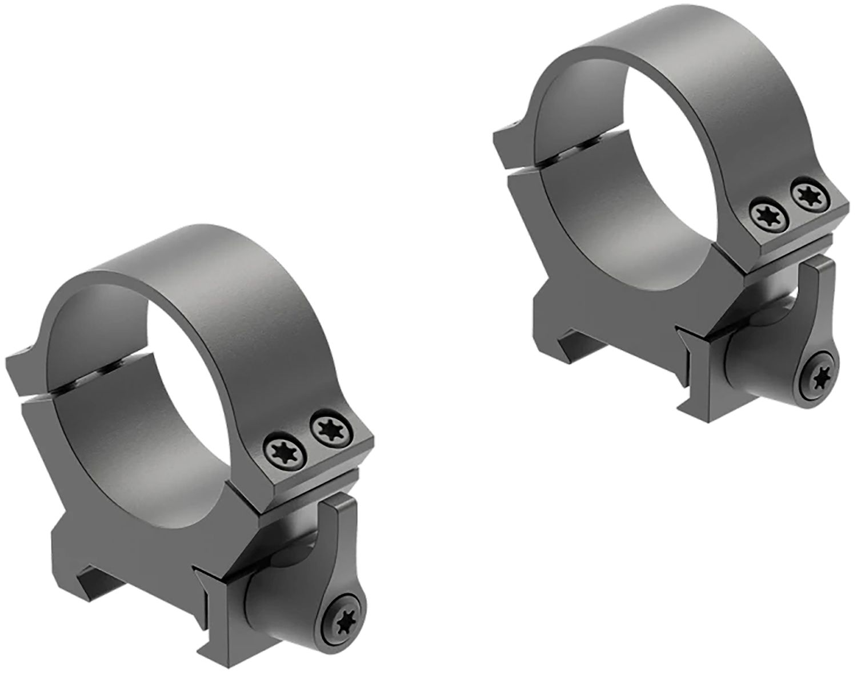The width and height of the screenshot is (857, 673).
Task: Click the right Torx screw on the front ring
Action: (x=325, y=428)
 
